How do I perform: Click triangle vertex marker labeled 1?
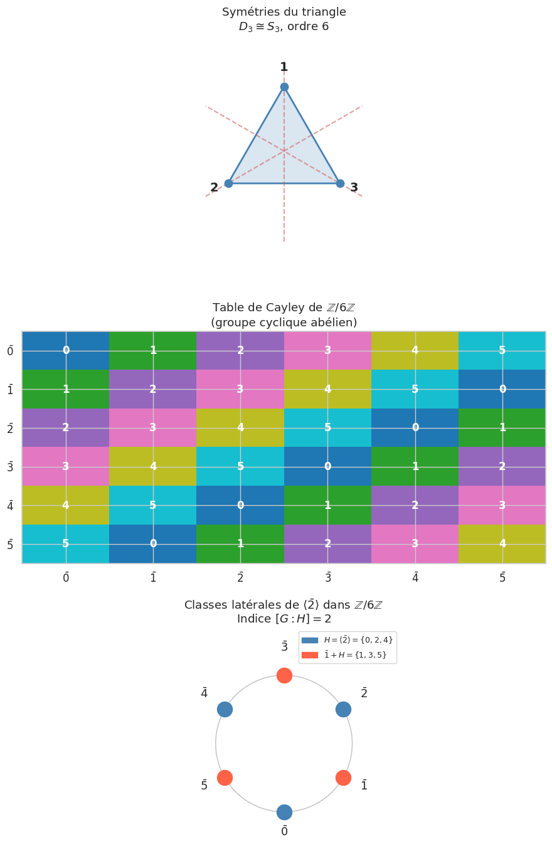(x=284, y=87)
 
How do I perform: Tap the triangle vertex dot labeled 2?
(x=228, y=183)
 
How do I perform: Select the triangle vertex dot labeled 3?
(x=340, y=183)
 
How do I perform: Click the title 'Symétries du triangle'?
(x=284, y=12)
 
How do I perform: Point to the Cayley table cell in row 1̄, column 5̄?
(x=502, y=389)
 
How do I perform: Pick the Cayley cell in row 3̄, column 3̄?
(x=327, y=466)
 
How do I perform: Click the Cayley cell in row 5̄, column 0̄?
(x=66, y=543)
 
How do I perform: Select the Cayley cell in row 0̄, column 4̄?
(x=415, y=350)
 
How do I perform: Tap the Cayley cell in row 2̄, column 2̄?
(x=240, y=427)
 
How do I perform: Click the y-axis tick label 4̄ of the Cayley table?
(x=10, y=505)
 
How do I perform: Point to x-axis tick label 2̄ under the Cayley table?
(x=240, y=577)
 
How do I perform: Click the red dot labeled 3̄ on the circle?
(x=284, y=675)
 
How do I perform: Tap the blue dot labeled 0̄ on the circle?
(x=284, y=812)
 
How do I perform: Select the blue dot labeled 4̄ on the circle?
(x=225, y=709)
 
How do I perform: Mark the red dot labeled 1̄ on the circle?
(x=343, y=778)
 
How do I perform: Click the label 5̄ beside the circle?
(x=204, y=785)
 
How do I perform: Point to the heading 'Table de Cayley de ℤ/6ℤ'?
(x=284, y=307)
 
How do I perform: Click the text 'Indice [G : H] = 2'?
(x=284, y=619)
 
